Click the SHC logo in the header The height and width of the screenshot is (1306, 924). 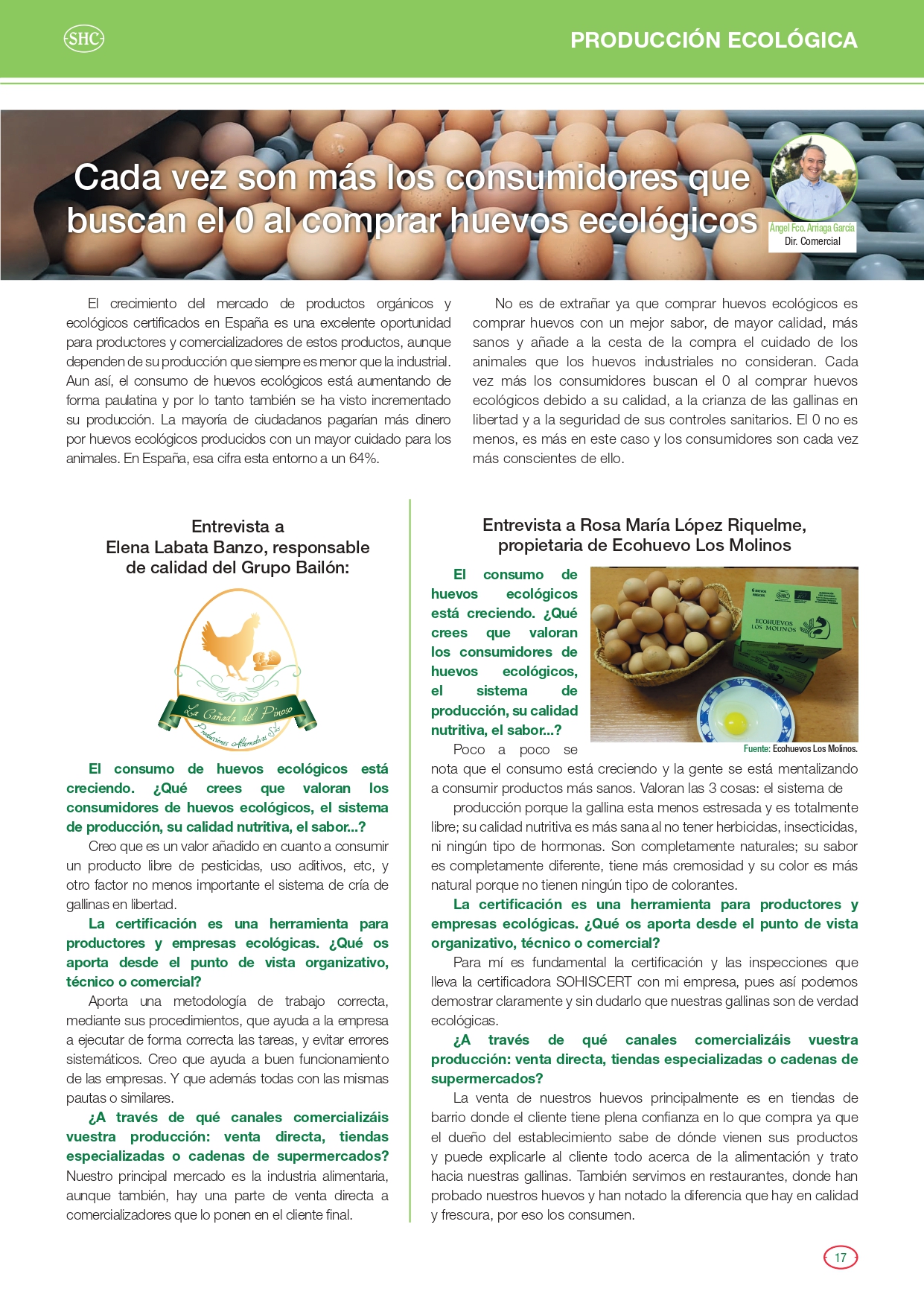click(83, 39)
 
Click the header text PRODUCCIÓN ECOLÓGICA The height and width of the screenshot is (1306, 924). click(713, 40)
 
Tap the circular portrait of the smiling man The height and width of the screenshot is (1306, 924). click(813, 177)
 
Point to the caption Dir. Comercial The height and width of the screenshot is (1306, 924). click(812, 242)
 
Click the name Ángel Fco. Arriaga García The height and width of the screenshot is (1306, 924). click(812, 228)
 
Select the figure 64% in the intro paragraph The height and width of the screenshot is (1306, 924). click(363, 459)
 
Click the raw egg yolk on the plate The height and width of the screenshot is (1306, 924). click(736, 721)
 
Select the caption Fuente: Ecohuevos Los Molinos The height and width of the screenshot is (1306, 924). click(800, 749)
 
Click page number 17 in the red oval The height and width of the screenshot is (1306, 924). click(841, 1258)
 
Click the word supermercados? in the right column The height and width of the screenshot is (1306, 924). click(487, 1079)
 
